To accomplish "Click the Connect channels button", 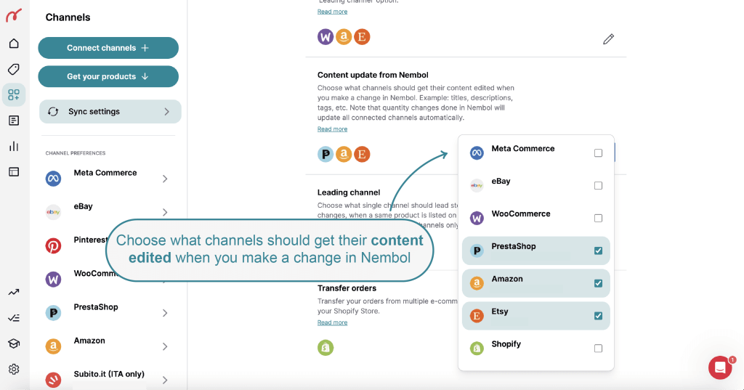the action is click(x=108, y=48).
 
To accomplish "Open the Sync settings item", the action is click(x=110, y=112).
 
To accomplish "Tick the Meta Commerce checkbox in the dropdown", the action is click(x=598, y=153).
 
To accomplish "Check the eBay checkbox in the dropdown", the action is click(x=598, y=186).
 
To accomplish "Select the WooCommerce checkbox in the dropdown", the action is click(x=598, y=219).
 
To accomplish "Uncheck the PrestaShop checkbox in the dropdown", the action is click(x=598, y=251).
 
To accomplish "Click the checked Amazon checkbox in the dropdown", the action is click(x=598, y=283).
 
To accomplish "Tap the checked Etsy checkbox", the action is click(x=598, y=316).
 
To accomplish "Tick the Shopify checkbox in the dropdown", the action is click(x=598, y=349).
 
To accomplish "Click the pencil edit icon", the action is click(x=609, y=39).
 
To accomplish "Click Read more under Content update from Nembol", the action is click(x=332, y=129).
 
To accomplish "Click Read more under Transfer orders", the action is click(x=332, y=322).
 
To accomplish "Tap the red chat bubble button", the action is click(x=720, y=368).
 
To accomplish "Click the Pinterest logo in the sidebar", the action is click(x=53, y=245).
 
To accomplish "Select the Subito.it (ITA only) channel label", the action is click(x=108, y=374).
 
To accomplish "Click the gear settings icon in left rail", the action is click(x=14, y=369).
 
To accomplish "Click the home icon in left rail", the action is click(x=14, y=44).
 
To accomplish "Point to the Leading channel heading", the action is click(x=349, y=192).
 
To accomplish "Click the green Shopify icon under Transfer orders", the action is click(x=325, y=348).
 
